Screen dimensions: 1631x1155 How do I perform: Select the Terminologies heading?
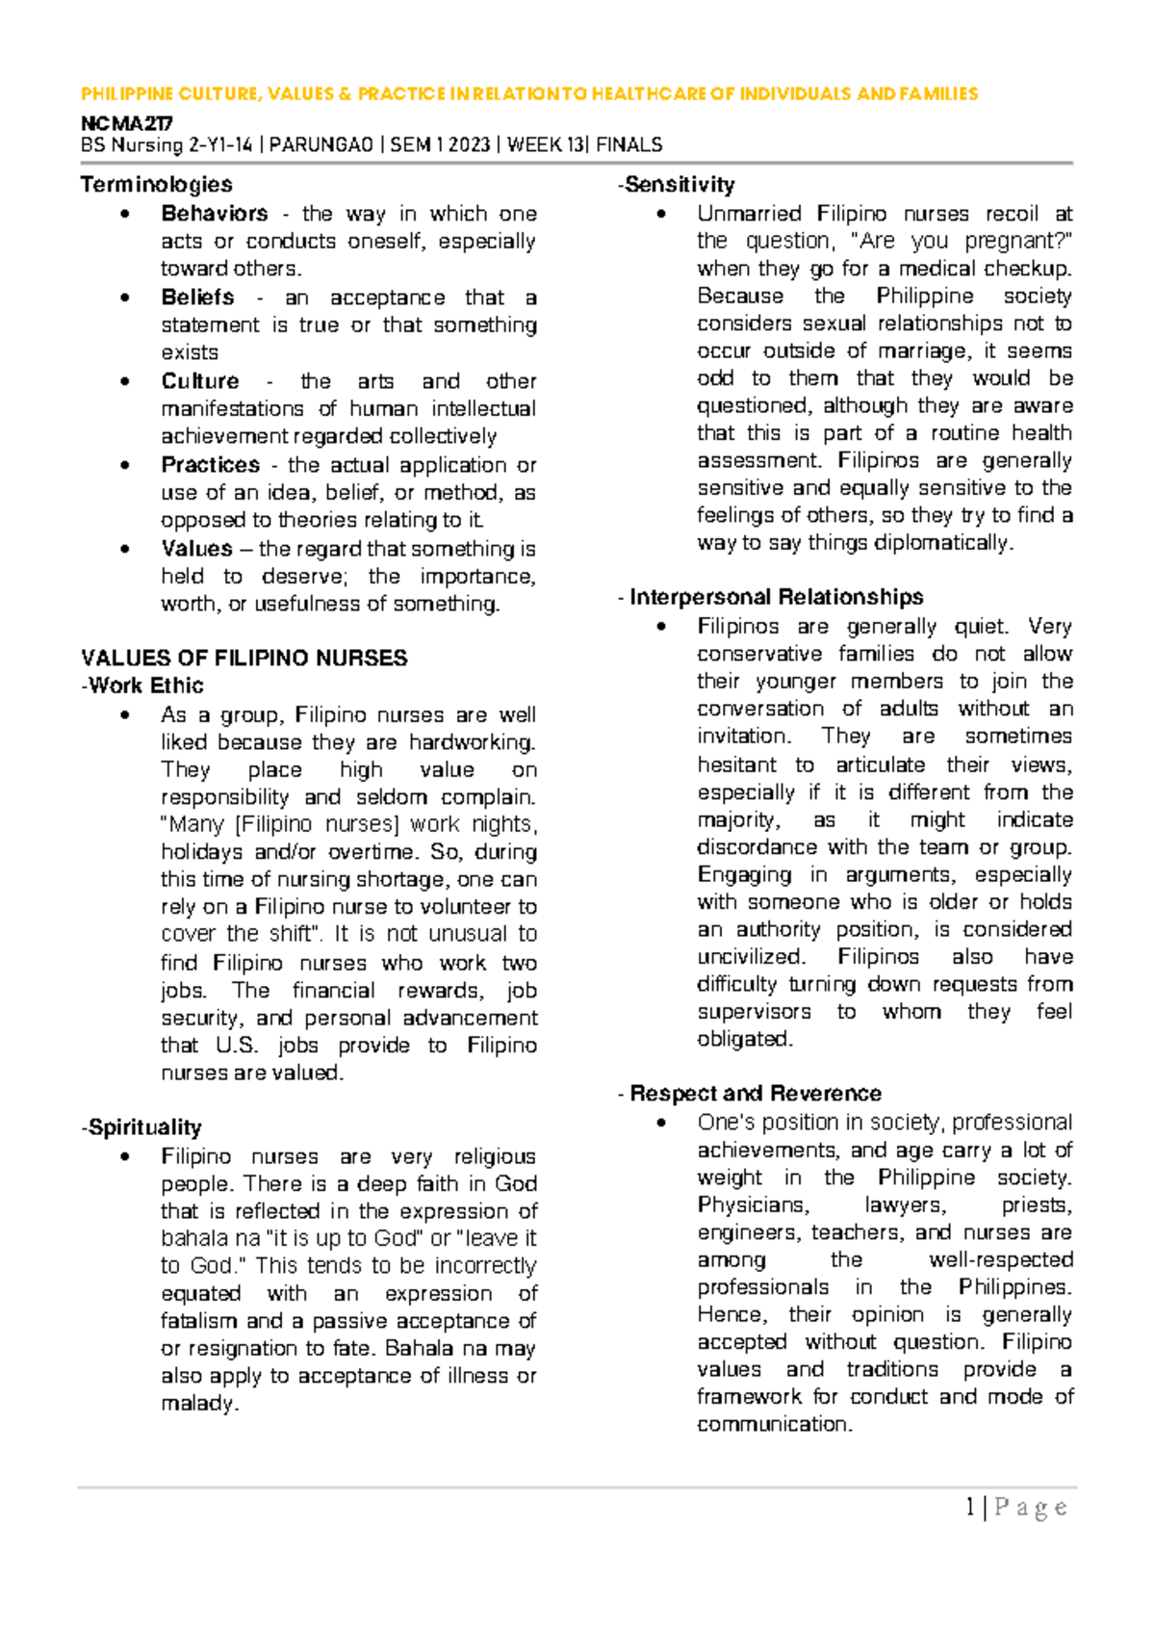[x=156, y=184]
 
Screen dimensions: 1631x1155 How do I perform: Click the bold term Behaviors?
[x=215, y=213]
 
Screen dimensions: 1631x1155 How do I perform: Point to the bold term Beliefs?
[x=197, y=298]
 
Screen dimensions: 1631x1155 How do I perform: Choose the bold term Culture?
[x=200, y=380]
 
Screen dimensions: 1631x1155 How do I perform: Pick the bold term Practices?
[x=210, y=465]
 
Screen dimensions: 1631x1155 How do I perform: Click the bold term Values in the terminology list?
[x=196, y=549]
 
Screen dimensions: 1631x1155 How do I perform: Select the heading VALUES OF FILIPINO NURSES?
[x=244, y=658]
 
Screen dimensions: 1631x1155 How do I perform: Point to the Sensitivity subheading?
[x=679, y=184]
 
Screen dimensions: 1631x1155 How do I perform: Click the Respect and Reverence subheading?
[x=755, y=1093]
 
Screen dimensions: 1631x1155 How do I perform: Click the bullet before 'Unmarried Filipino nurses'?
[x=660, y=214]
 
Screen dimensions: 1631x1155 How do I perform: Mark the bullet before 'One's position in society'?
[x=660, y=1123]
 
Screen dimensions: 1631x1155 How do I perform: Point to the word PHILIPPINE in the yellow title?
[x=127, y=93]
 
